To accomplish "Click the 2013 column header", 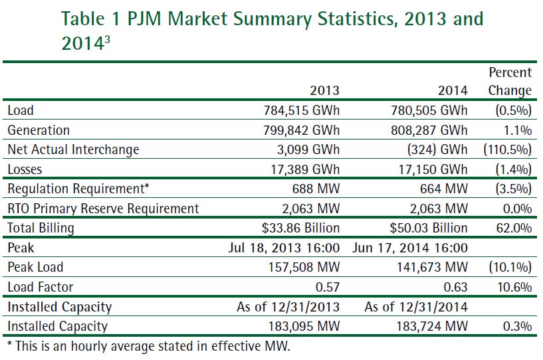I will click(324, 90).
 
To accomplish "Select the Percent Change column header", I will click(510, 81).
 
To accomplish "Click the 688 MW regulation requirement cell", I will click(316, 189).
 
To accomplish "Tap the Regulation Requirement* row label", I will click(77, 189).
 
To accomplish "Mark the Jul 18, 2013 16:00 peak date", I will click(288, 248).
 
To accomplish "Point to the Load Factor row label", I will click(40, 287).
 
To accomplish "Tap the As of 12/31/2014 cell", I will click(416, 307).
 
